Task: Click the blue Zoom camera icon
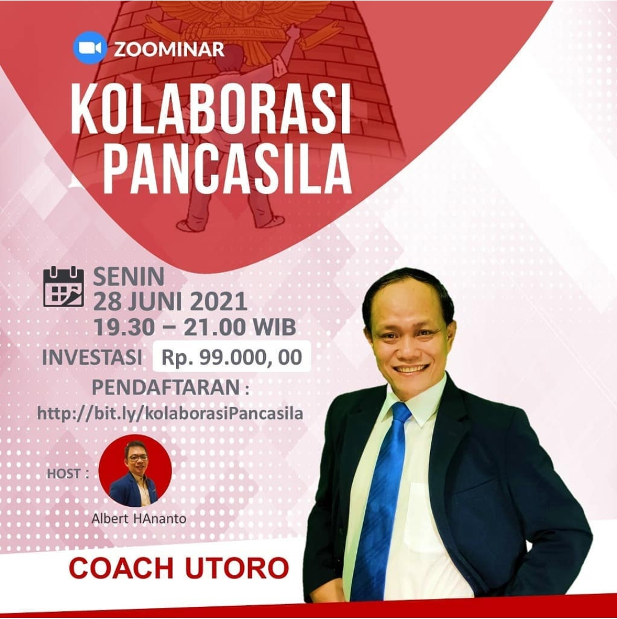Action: pyautogui.click(x=90, y=48)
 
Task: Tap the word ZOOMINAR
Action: pyautogui.click(x=169, y=49)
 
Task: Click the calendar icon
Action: pyautogui.click(x=63, y=286)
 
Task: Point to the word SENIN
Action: pyautogui.click(x=129, y=277)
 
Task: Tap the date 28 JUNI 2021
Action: pyautogui.click(x=170, y=302)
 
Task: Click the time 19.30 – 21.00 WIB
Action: pyautogui.click(x=195, y=327)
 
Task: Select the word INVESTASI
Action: pyautogui.click(x=92, y=357)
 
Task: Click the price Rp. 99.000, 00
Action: pyautogui.click(x=232, y=357)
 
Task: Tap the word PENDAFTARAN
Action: pyautogui.click(x=166, y=388)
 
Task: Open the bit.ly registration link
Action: pyautogui.click(x=170, y=413)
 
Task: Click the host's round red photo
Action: pyautogui.click(x=135, y=470)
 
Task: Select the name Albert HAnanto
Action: pyautogui.click(x=138, y=518)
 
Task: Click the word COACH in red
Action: pyautogui.click(x=121, y=568)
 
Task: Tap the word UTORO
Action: pyautogui.click(x=237, y=568)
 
